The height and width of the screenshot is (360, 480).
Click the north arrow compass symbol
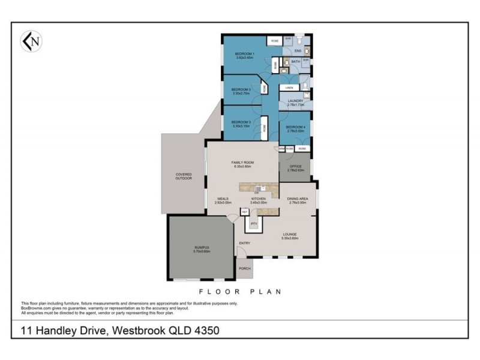click(31, 41)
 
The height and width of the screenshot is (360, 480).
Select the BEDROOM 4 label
click(295, 127)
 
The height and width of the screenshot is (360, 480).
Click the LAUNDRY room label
click(295, 101)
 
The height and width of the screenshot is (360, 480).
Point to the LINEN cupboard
click(289, 88)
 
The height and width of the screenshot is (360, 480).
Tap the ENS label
click(296, 51)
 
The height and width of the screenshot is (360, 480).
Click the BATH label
click(295, 61)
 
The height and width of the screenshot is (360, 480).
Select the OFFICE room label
click(295, 166)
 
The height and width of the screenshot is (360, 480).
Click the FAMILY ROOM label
click(243, 163)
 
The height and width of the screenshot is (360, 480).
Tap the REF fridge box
click(245, 212)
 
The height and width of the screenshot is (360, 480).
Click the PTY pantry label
click(254, 224)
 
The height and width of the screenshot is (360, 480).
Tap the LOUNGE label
click(290, 235)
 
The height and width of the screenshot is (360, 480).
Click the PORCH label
click(245, 268)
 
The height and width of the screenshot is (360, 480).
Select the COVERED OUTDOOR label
click(184, 176)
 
